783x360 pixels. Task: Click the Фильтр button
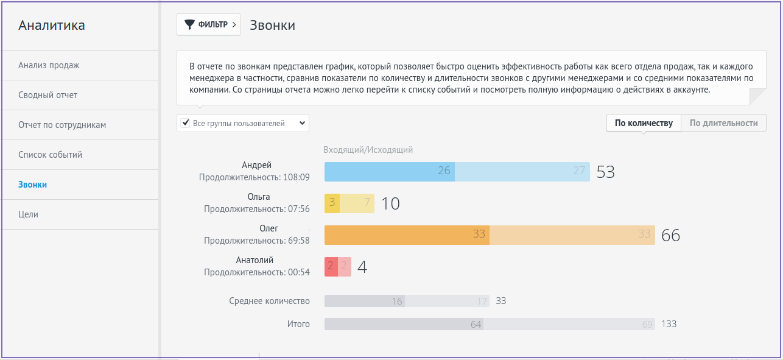pos(208,25)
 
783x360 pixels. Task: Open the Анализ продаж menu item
pos(49,65)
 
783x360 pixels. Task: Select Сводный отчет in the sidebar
pos(47,95)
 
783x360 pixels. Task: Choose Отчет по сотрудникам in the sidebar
pos(62,125)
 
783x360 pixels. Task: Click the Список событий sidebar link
pos(50,155)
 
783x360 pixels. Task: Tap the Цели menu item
pos(28,214)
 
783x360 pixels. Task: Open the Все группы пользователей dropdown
pos(243,123)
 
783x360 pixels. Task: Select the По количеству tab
pos(644,123)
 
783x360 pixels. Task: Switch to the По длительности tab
pos(723,123)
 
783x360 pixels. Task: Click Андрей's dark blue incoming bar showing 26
pos(389,171)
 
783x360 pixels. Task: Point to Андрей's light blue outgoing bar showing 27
pos(522,171)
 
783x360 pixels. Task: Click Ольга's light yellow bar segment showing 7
pos(357,203)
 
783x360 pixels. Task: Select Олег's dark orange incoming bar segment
pos(407,235)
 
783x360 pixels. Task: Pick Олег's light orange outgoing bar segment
pos(572,235)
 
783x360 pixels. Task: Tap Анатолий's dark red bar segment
pos(331,266)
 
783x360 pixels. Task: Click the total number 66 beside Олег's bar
pos(670,236)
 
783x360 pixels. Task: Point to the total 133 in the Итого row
pos(669,324)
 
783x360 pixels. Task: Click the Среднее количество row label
pos(269,301)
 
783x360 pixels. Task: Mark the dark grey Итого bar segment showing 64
pos(403,324)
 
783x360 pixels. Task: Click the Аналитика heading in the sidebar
pos(52,26)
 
